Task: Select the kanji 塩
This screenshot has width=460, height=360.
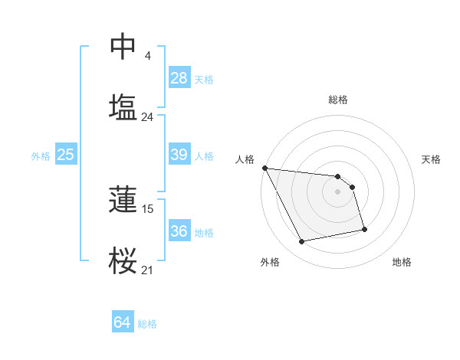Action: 123,106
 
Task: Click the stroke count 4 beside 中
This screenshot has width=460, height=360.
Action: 147,56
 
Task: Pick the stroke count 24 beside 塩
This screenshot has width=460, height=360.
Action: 147,117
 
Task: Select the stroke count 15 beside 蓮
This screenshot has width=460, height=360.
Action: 149,208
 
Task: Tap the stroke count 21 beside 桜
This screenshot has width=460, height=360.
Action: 147,270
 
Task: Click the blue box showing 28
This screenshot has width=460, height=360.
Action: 179,78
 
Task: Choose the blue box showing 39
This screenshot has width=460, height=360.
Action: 179,155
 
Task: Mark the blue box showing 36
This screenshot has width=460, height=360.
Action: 179,231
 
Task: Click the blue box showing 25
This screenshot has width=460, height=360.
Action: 66,155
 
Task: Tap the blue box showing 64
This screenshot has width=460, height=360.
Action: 123,323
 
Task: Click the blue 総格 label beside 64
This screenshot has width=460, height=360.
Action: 147,324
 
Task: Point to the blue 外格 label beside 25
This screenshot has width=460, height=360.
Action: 41,156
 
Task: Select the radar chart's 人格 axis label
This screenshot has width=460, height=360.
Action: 245,159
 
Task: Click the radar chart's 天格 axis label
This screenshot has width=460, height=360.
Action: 432,159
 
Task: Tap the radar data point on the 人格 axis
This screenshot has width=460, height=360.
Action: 264,168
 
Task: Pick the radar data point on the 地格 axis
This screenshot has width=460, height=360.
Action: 364,229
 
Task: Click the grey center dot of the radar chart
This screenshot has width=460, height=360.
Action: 337,191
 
